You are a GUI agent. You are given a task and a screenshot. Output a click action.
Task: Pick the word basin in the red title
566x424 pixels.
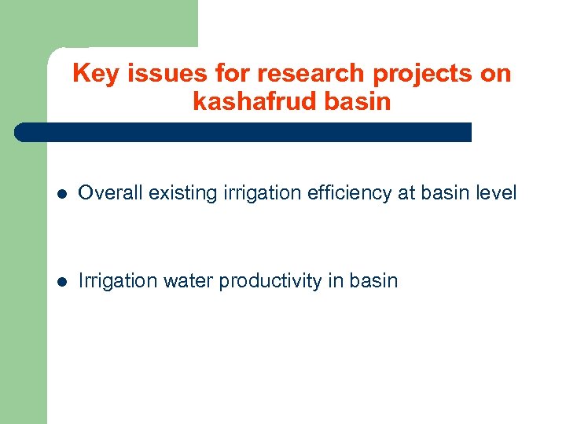tap(358, 102)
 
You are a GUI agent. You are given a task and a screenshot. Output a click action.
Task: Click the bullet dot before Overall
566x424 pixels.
tap(63, 193)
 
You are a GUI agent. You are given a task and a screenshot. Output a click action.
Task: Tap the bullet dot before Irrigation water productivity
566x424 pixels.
tap(63, 281)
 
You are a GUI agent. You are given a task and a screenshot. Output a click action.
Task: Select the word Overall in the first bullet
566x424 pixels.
tap(108, 192)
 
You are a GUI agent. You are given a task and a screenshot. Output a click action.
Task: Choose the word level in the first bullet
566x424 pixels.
tap(496, 192)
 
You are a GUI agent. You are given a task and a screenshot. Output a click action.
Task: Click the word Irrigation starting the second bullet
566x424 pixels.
tap(118, 280)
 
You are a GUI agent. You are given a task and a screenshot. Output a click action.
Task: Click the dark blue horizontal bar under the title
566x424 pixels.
tap(244, 132)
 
